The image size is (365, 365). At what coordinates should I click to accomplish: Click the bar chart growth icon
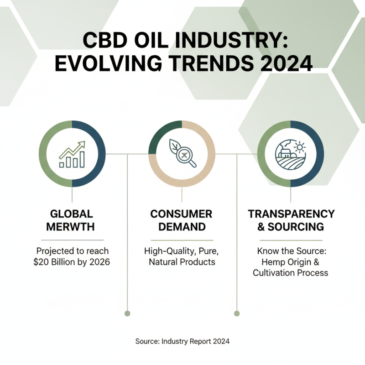72,154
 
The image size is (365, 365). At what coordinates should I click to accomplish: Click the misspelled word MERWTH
72,227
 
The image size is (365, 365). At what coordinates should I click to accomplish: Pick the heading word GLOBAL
72,214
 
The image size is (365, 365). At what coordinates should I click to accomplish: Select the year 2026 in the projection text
99,263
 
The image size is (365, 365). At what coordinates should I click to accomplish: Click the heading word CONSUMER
182,214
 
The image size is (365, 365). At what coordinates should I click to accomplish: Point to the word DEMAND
182,227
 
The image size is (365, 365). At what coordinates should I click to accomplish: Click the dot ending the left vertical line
127,313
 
